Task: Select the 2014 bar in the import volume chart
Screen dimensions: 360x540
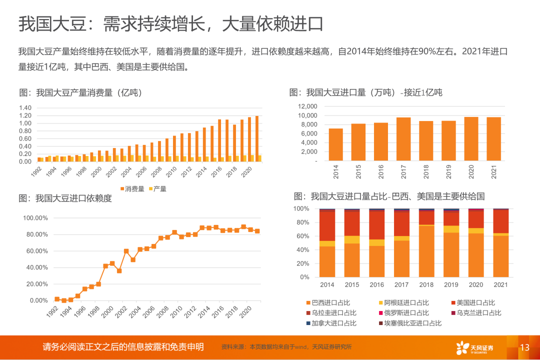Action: click(x=336, y=144)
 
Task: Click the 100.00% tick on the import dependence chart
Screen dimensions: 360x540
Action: click(x=35, y=218)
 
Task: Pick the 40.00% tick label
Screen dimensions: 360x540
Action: click(x=35, y=267)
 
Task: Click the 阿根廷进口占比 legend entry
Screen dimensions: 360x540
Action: click(x=403, y=302)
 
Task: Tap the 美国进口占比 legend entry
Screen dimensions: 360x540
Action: click(x=472, y=302)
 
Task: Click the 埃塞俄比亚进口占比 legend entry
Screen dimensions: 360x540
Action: click(x=409, y=323)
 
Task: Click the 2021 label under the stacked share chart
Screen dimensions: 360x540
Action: click(x=500, y=284)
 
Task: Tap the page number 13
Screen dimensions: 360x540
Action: click(x=524, y=347)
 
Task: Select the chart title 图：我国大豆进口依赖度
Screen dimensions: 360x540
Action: click(x=65, y=198)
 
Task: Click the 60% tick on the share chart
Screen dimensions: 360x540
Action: click(x=304, y=236)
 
